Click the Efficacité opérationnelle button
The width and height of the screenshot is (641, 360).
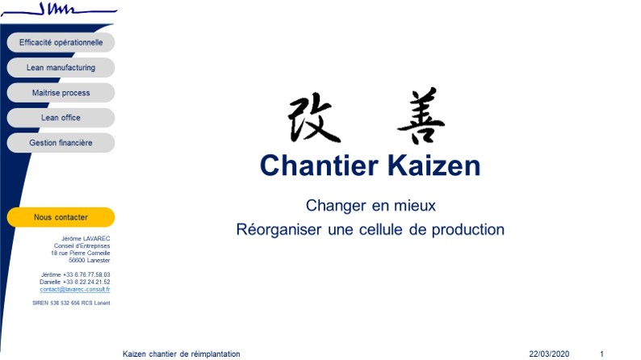tap(61, 42)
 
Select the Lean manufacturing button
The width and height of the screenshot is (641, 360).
tap(61, 68)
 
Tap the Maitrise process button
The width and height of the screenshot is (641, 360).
tap(61, 93)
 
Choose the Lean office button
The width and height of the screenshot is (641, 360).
tap(61, 118)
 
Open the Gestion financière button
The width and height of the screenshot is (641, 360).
tap(61, 143)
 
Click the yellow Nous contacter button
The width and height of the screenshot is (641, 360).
tap(61, 217)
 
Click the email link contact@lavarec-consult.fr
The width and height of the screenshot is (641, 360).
tap(75, 289)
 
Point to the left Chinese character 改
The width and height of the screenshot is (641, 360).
tap(314, 118)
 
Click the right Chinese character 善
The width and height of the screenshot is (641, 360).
tap(421, 115)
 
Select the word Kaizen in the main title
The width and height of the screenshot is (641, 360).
tap(434, 165)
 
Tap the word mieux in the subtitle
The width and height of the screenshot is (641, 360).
tap(415, 206)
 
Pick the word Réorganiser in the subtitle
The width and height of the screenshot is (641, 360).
tap(279, 230)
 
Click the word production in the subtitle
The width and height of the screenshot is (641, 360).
tap(468, 230)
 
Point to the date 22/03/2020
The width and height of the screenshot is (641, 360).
tap(549, 354)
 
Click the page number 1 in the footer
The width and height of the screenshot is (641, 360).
tap(601, 354)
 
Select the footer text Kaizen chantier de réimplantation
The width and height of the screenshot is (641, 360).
tap(182, 354)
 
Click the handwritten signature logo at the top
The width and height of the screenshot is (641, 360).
tap(59, 9)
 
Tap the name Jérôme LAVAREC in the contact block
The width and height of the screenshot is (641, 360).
tap(86, 238)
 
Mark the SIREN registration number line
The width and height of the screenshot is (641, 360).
tap(71, 303)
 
